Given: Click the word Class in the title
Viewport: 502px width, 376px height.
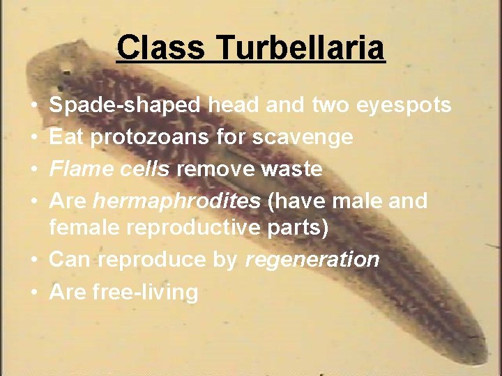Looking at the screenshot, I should pyautogui.click(x=160, y=49).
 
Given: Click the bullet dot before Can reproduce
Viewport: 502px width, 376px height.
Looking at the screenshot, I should pyautogui.click(x=33, y=260).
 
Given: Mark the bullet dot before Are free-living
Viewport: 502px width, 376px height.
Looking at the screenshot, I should pyautogui.click(x=33, y=292).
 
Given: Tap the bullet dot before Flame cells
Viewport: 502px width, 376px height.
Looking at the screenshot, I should pyautogui.click(x=33, y=169).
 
